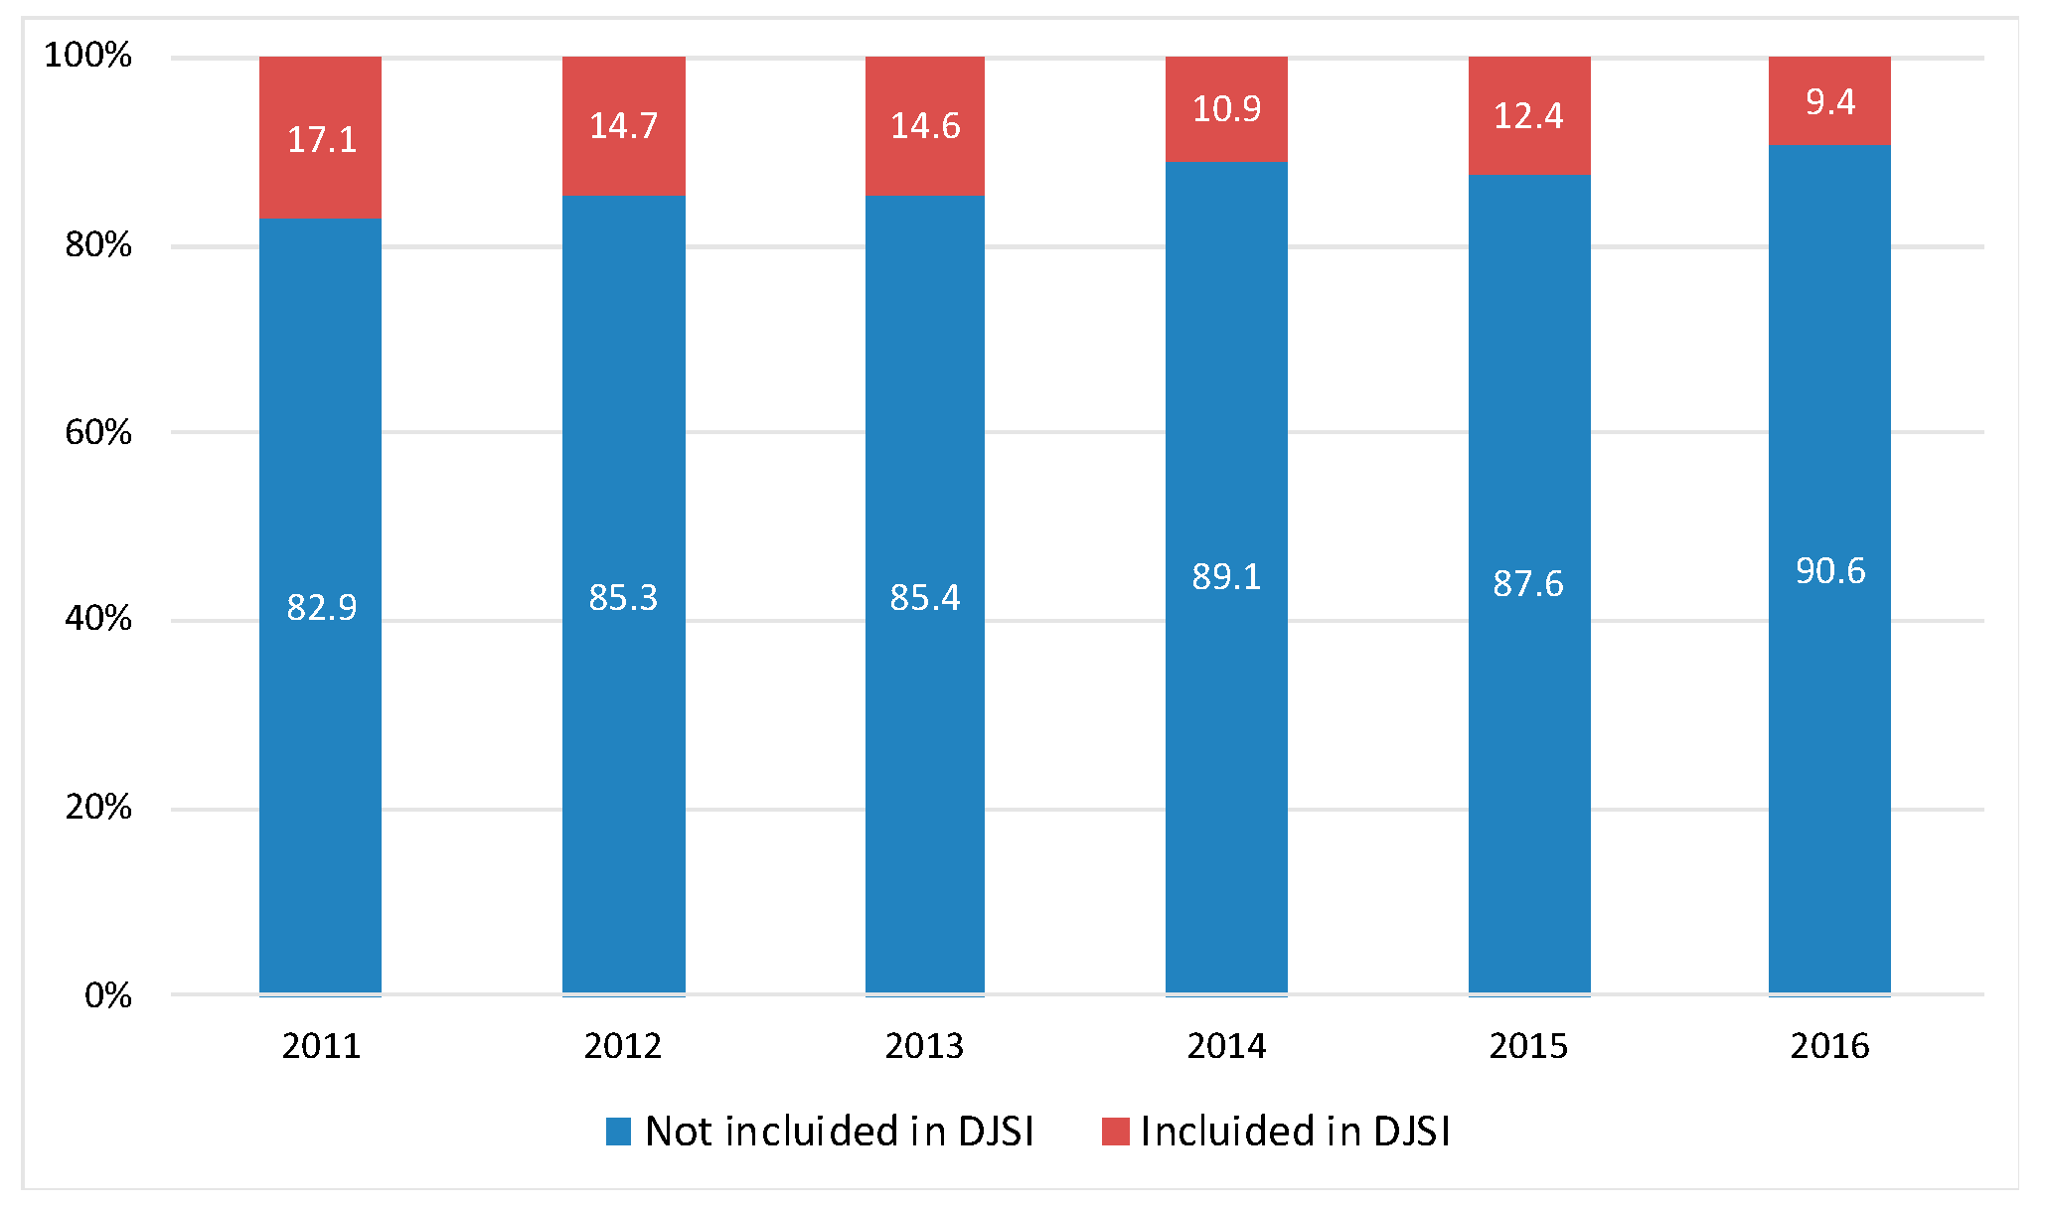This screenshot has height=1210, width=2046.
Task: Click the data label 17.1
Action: pyautogui.click(x=321, y=139)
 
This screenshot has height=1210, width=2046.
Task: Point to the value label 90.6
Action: pyautogui.click(x=1829, y=570)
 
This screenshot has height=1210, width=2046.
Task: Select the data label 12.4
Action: pyautogui.click(x=1527, y=116)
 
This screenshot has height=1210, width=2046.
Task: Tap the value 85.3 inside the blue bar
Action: pyautogui.click(x=623, y=597)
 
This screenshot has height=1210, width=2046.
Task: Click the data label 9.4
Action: pyautogui.click(x=1829, y=101)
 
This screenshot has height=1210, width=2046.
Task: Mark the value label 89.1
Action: pyautogui.click(x=1226, y=576)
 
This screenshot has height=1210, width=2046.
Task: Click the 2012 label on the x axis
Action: pyautogui.click(x=623, y=1046)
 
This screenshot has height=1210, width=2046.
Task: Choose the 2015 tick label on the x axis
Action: pyautogui.click(x=1527, y=1046)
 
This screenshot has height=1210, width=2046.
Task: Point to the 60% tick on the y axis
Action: pyautogui.click(x=98, y=432)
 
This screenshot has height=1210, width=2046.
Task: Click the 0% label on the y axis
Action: pyautogui.click(x=108, y=994)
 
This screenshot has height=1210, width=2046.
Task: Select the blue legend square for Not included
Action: pyautogui.click(x=618, y=1132)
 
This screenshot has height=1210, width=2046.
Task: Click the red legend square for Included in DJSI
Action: pyautogui.click(x=1115, y=1132)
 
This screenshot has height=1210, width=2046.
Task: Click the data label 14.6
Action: pyautogui.click(x=924, y=126)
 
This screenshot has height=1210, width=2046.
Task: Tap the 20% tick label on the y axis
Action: pyautogui.click(x=98, y=807)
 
